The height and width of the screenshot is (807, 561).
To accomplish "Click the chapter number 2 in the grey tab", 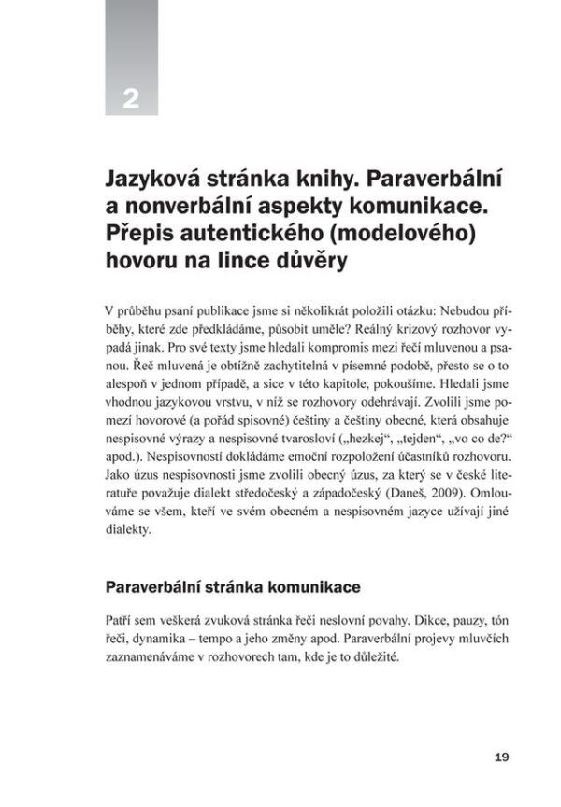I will (x=130, y=95).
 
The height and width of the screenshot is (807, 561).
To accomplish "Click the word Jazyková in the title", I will (x=153, y=175).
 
